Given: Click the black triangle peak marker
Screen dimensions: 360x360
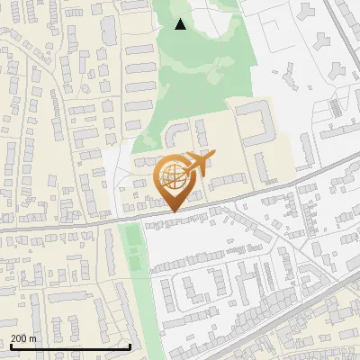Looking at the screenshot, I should [181, 24].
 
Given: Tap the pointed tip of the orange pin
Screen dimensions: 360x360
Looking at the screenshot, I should [174, 212].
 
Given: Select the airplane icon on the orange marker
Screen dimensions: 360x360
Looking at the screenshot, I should [199, 165].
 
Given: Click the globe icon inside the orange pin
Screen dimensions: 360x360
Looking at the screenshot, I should [174, 177].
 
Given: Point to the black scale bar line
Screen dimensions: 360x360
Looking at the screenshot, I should [70, 346].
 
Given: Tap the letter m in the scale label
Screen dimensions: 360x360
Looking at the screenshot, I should [33, 338].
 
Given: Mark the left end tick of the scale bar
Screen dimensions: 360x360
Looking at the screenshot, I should [10, 345].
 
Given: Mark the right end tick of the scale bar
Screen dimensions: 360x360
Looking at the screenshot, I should [130, 345].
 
